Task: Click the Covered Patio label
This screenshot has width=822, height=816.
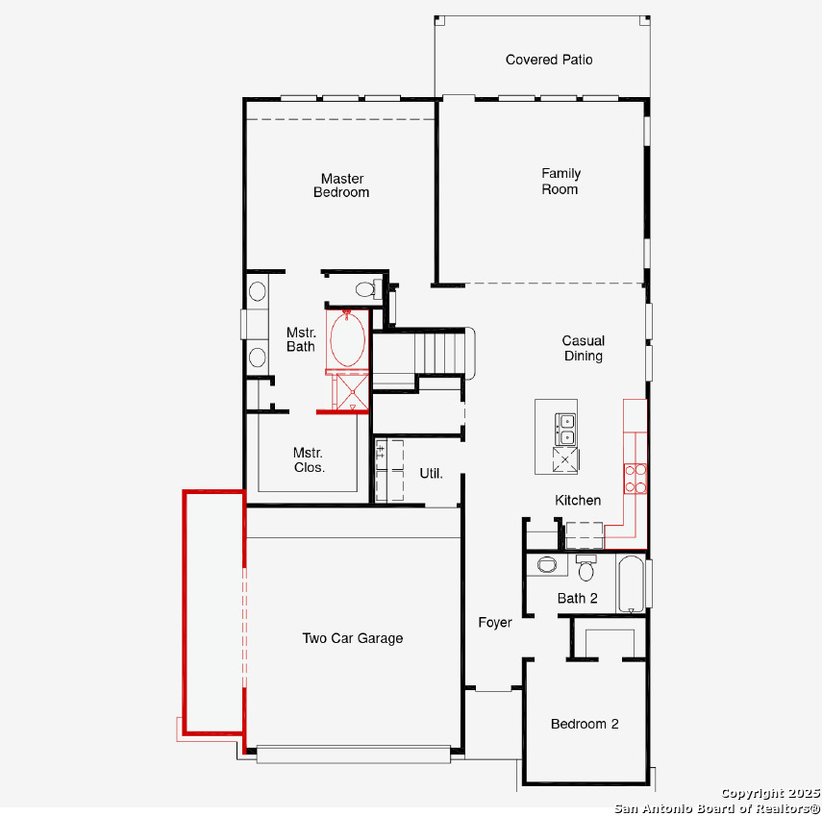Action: [x=549, y=60]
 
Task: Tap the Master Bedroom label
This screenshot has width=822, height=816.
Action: [x=342, y=185]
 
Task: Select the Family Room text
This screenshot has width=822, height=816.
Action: [x=560, y=182]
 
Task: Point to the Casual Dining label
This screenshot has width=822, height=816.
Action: [x=583, y=348]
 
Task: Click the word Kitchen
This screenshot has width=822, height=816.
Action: [x=578, y=500]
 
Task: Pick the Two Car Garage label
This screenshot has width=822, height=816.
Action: [x=353, y=638]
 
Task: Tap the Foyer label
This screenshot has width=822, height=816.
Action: [x=495, y=623]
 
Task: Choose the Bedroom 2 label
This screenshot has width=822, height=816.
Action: [x=585, y=724]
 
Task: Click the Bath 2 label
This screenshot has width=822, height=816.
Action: [x=577, y=598]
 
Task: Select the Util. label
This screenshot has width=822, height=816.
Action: [x=431, y=473]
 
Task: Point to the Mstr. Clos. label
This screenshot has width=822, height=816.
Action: [x=309, y=459]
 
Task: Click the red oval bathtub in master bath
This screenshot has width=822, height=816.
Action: [x=347, y=340]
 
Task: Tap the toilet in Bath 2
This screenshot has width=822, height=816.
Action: [x=585, y=568]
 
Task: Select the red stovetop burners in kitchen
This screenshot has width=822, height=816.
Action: [x=635, y=479]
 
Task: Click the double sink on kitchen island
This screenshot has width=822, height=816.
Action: [x=565, y=430]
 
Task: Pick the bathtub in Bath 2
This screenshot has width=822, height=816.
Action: [x=631, y=583]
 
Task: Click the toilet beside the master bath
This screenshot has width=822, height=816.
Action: [x=368, y=288]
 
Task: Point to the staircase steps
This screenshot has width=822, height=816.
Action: [x=439, y=353]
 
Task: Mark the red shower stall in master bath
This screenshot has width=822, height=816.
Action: [x=351, y=392]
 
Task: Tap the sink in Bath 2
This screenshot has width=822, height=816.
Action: [x=546, y=564]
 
